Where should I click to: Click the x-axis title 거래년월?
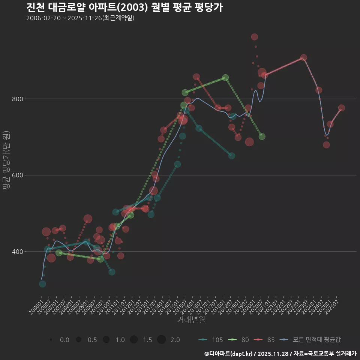coord(191,320)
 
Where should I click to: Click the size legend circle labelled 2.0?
coord(161,340)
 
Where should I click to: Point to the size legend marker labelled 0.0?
coord(51,340)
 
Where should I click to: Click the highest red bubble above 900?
coord(254,37)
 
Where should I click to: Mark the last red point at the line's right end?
coord(341,108)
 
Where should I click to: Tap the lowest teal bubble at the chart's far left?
coord(42,284)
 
